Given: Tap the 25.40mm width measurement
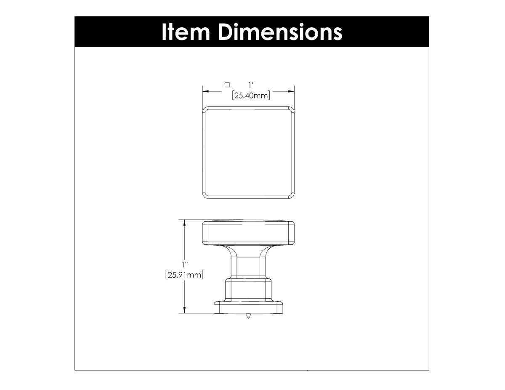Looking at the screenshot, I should [251, 96].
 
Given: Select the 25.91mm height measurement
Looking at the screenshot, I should [184, 276].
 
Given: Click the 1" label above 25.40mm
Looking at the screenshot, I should [251, 85].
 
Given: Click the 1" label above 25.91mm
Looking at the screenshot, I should [184, 265].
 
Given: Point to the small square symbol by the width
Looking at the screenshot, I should [227, 84].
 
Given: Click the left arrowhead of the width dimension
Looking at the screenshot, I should [206, 90].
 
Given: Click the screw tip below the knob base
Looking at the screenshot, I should [248, 316].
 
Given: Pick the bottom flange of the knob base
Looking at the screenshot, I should [248, 308].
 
